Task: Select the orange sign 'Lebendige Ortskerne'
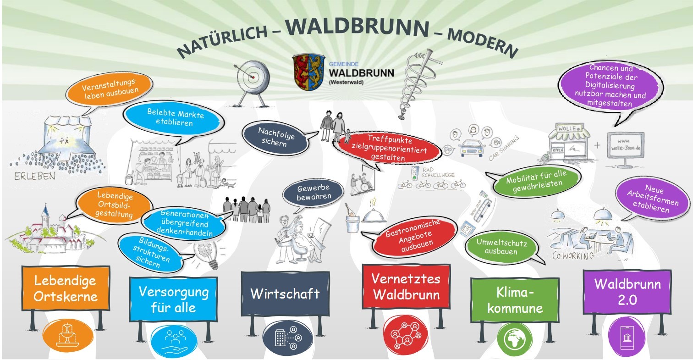(66, 288)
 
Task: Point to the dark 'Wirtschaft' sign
(285, 294)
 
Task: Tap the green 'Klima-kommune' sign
(515, 300)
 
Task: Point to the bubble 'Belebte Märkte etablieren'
(176, 117)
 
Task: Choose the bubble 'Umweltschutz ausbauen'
(502, 247)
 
